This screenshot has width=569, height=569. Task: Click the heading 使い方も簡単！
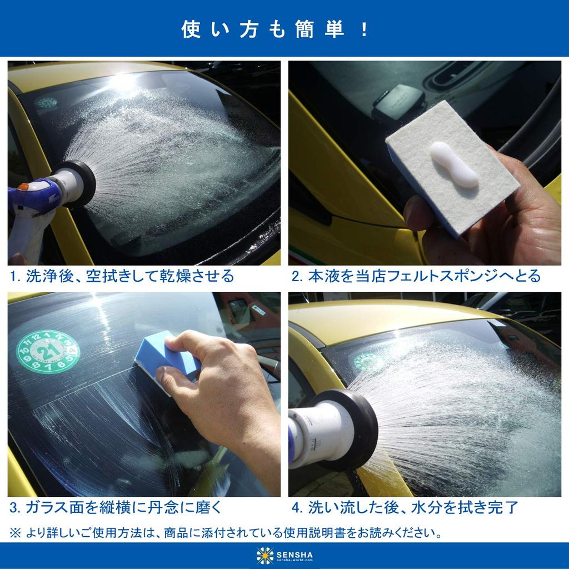tap(275, 29)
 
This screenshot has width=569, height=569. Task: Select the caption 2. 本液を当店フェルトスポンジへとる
tap(416, 276)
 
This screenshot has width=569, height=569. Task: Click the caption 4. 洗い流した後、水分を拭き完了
tap(405, 507)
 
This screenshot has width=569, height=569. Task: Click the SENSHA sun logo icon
tap(264, 555)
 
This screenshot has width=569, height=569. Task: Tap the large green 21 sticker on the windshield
tap(48, 353)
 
